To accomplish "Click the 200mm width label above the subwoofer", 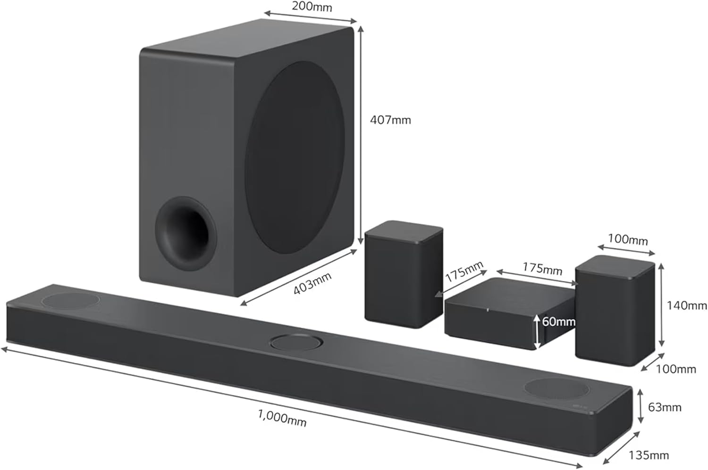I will point(312,7).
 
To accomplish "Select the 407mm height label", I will point(390,120).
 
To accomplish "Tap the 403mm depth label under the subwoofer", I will point(312,284).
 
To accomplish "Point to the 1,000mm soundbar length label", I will point(282,417).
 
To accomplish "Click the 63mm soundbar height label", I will point(664,407).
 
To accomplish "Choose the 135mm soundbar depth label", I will point(649,455).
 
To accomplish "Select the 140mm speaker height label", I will point(686,305).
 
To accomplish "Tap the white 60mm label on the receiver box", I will point(558,322).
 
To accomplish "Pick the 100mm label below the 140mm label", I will point(675,369).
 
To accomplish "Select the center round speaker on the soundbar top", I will point(297,342).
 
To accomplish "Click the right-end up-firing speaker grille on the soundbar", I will point(556,388).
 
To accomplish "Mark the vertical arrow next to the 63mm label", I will point(641,406).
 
